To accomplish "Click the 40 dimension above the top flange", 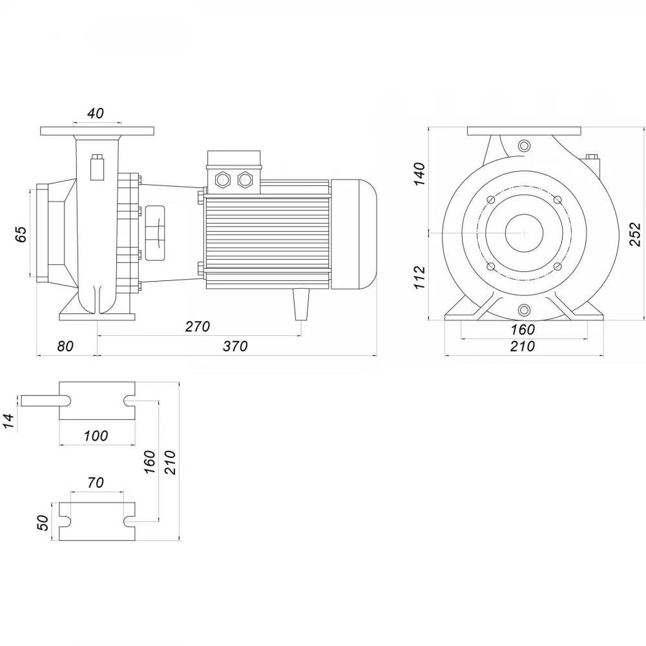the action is [96, 113].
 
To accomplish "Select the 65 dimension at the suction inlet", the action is [21, 234].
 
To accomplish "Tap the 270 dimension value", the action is [198, 327].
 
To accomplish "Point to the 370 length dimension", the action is [235, 346].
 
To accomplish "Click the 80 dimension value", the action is [65, 346].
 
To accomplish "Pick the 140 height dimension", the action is [419, 174].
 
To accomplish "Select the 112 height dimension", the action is [419, 277].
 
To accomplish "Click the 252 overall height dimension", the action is [636, 234].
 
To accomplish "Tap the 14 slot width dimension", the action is [9, 421].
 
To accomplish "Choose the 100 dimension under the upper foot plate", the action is [96, 435].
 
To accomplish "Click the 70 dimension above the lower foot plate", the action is [96, 482].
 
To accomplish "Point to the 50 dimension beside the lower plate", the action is [43, 523].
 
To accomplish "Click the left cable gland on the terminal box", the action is [224, 180].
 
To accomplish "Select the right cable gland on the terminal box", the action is [245, 180].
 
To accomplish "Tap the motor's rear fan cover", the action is [353, 234].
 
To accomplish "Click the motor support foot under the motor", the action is [301, 304].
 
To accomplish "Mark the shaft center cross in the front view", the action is [524, 233].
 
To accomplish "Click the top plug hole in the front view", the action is [524, 145].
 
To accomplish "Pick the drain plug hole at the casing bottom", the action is [524, 309].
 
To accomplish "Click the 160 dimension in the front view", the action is [523, 329].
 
